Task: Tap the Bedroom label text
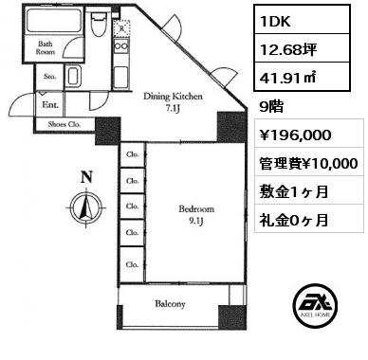(196, 209)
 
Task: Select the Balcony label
(170, 304)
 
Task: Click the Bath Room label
(45, 48)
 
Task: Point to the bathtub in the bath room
(53, 20)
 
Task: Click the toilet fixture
(98, 24)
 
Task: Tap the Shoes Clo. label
(64, 124)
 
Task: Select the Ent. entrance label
(50, 104)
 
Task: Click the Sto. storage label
(50, 77)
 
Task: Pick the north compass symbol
(86, 207)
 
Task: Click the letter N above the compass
(86, 177)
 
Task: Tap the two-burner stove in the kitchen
(121, 46)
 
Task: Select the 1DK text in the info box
(275, 21)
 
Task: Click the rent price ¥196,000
(295, 135)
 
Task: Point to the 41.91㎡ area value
(287, 78)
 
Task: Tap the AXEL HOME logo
(316, 305)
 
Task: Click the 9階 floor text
(271, 107)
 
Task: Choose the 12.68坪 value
(288, 49)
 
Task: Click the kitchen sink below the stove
(120, 77)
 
